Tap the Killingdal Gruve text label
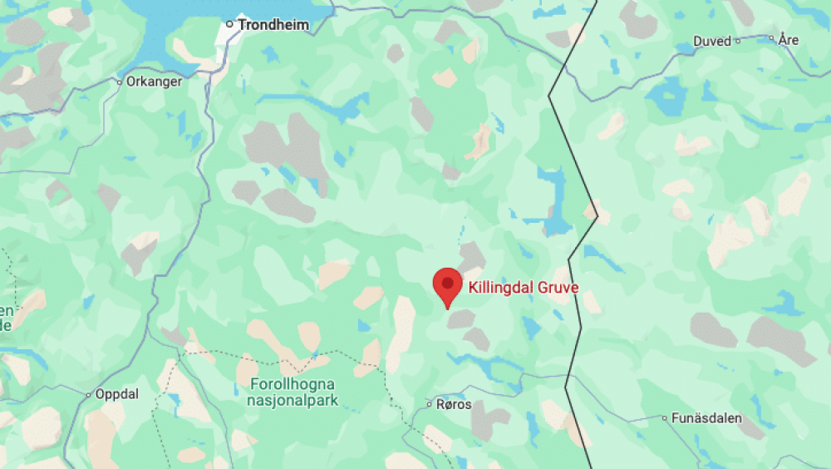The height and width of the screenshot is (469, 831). coord(523,288)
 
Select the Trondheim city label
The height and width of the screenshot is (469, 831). coord(273,25)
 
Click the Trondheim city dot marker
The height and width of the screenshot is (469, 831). coord(230,24)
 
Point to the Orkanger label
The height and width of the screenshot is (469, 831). coord(154,81)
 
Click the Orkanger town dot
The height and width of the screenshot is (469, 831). coord(120,82)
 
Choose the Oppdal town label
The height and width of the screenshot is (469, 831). coord(117,394)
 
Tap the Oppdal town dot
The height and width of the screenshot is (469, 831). coord(89,394)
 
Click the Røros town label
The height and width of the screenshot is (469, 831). coord(454,405)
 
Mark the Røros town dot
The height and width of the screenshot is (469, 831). coord(430,405)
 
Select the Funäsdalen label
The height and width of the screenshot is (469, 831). coord(708,418)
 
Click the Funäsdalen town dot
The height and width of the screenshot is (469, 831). coord(664,418)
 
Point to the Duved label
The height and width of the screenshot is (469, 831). coord(712,41)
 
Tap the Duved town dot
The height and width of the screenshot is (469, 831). coord(738,41)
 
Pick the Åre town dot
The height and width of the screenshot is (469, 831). coord(771,38)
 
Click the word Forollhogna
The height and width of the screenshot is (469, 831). coord(292,384)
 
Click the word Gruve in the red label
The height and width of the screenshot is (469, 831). coord(558,288)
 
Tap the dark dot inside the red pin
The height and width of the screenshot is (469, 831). coord(448,283)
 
